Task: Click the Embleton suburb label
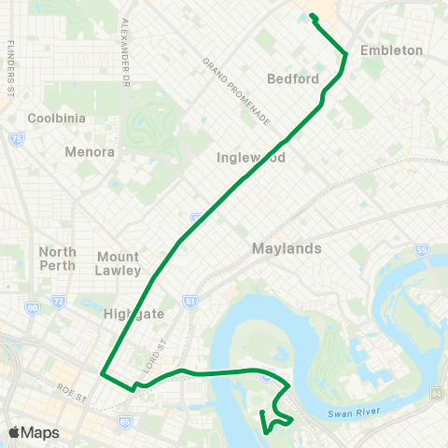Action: coord(392,50)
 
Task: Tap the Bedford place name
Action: coord(294,78)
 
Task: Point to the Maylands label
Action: coord(287,249)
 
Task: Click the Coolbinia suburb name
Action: coord(58,119)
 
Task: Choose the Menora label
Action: coord(90,151)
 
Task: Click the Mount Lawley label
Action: coord(119,263)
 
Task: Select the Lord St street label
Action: coord(153,360)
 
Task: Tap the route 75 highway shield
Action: coord(17,139)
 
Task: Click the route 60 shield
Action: coord(33,307)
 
